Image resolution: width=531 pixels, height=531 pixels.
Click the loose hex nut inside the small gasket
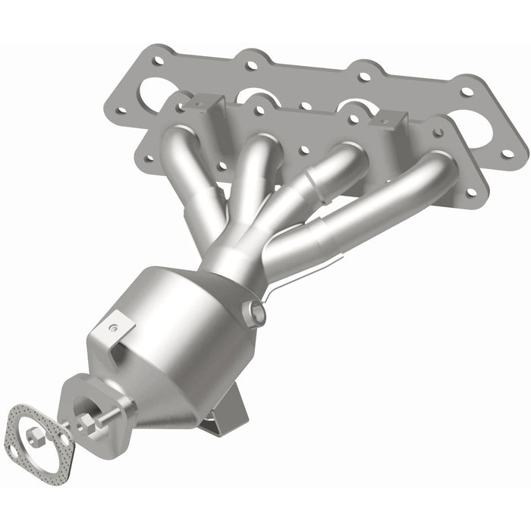pyautogui.click(x=33, y=435)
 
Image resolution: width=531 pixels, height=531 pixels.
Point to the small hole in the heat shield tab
pyautogui.click(x=113, y=328)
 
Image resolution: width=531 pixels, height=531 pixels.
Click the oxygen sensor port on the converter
pyautogui.click(x=255, y=312)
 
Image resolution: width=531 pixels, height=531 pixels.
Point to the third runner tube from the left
pyautogui.click(x=319, y=182)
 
